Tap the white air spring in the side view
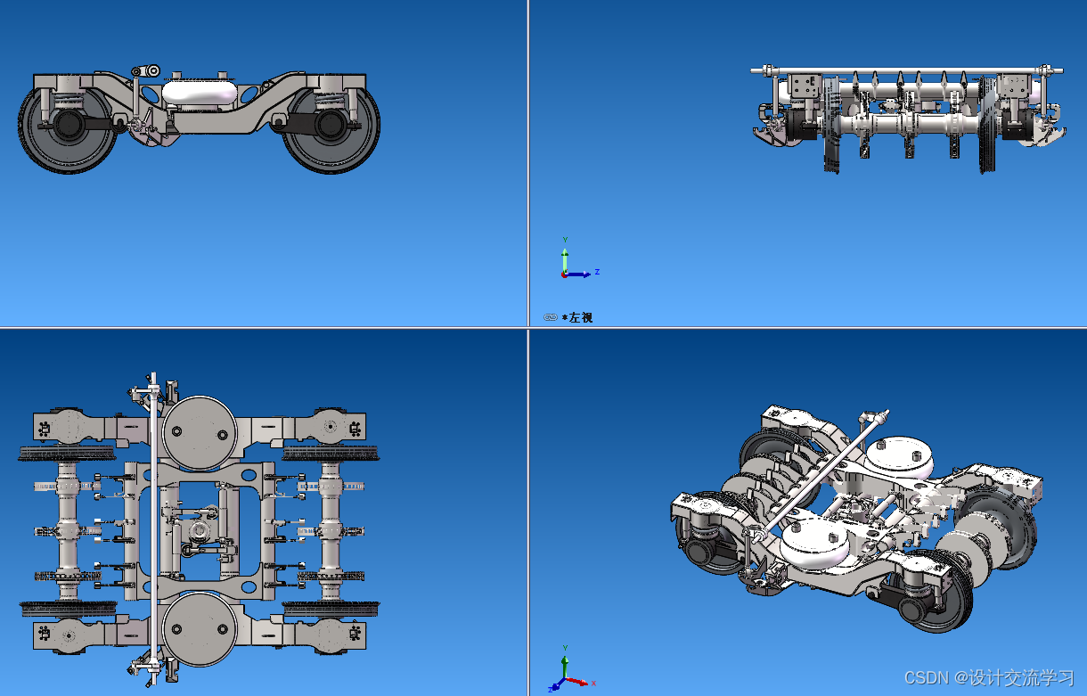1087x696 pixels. (x=199, y=92)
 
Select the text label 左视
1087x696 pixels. (x=581, y=318)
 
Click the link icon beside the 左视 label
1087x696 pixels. (x=551, y=317)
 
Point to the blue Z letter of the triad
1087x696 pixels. (x=597, y=272)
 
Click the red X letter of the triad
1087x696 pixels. (x=593, y=684)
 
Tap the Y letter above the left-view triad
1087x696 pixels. (x=565, y=240)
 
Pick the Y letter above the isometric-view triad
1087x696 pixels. (x=565, y=648)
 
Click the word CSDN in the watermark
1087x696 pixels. (x=927, y=677)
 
